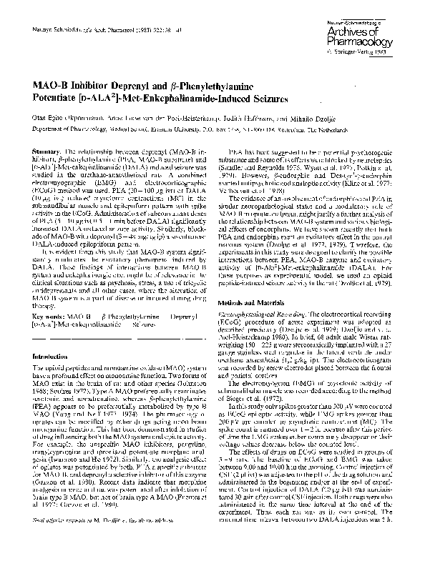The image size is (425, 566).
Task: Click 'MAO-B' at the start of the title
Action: tap(52, 85)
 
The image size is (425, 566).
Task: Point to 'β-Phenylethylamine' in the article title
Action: tap(240, 85)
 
